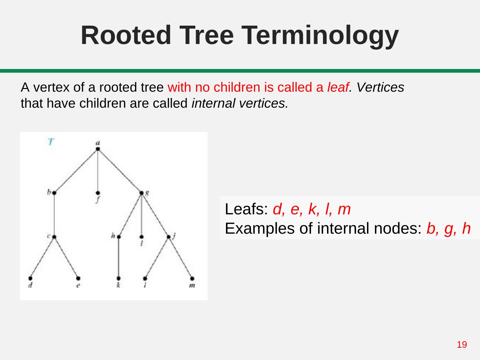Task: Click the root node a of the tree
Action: click(98, 149)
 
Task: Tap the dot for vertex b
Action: click(54, 193)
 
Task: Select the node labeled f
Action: click(98, 193)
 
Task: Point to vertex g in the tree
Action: click(141, 193)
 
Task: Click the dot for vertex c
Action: click(54, 237)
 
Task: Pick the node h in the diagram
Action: click(119, 237)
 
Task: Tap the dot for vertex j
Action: click(169, 237)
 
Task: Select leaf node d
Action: click(30, 278)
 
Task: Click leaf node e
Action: click(78, 278)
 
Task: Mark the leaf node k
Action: click(119, 278)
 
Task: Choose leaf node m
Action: click(192, 278)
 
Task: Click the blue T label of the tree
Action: click(50, 142)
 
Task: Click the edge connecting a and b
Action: click(76, 171)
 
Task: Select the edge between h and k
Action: click(119, 257)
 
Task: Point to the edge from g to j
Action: click(155, 215)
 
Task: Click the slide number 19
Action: click(462, 344)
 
